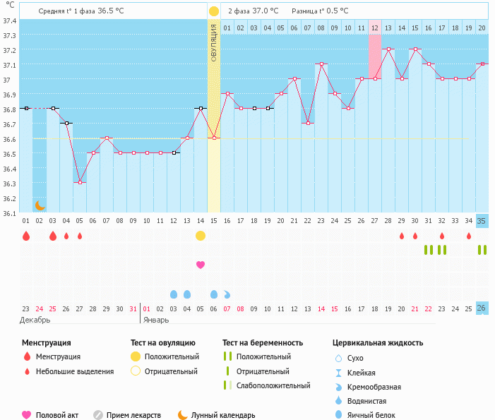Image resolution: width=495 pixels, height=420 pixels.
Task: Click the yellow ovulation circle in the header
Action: (x=213, y=11)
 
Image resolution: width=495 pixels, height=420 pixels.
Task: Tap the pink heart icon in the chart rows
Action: (x=201, y=265)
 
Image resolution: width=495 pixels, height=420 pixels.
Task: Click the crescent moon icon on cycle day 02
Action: (x=40, y=205)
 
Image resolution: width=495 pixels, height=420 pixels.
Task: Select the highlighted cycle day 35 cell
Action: (x=482, y=221)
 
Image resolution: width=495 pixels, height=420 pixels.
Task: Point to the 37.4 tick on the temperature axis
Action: (x=10, y=21)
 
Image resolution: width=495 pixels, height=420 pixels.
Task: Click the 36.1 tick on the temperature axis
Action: (x=10, y=213)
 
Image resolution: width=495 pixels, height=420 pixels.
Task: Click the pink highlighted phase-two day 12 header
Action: (x=374, y=27)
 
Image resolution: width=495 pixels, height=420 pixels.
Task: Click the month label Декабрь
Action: (x=35, y=320)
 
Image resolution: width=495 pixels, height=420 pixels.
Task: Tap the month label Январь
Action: (x=157, y=320)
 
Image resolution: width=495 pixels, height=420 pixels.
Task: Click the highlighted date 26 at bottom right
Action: (x=482, y=308)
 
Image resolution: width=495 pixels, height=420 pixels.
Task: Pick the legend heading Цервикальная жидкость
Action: (x=378, y=343)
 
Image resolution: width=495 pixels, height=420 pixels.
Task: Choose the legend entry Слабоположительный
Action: (x=273, y=385)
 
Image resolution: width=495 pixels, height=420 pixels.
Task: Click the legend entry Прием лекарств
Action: (x=133, y=415)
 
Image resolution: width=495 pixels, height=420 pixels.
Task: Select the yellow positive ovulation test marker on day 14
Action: (x=201, y=235)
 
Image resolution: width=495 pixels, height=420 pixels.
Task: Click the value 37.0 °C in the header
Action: (x=263, y=11)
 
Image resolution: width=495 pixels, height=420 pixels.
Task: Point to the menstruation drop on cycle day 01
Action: (x=26, y=236)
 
